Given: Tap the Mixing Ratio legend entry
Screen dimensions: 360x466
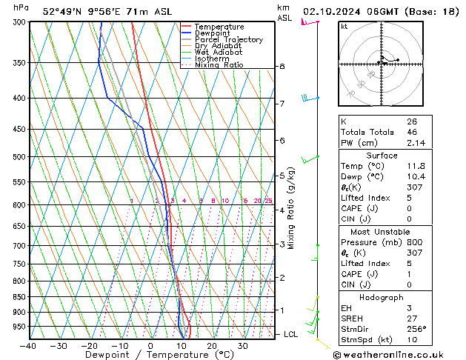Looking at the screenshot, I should tap(219, 65).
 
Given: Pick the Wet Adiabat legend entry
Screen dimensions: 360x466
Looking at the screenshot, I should tap(216, 53).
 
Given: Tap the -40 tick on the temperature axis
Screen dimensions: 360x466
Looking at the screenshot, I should tap(29, 346).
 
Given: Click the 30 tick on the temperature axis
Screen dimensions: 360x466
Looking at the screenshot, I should tap(243, 346).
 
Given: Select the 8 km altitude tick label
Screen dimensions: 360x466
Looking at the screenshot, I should tap(282, 67).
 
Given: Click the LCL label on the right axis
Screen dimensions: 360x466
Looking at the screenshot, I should tap(291, 334).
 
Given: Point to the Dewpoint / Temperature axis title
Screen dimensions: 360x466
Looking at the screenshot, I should tap(150, 355).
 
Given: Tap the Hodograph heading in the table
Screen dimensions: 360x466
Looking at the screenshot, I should tap(382, 297).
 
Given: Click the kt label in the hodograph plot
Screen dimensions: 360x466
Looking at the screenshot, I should tap(344, 26).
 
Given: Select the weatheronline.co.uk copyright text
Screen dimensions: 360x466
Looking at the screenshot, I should tap(400, 355).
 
